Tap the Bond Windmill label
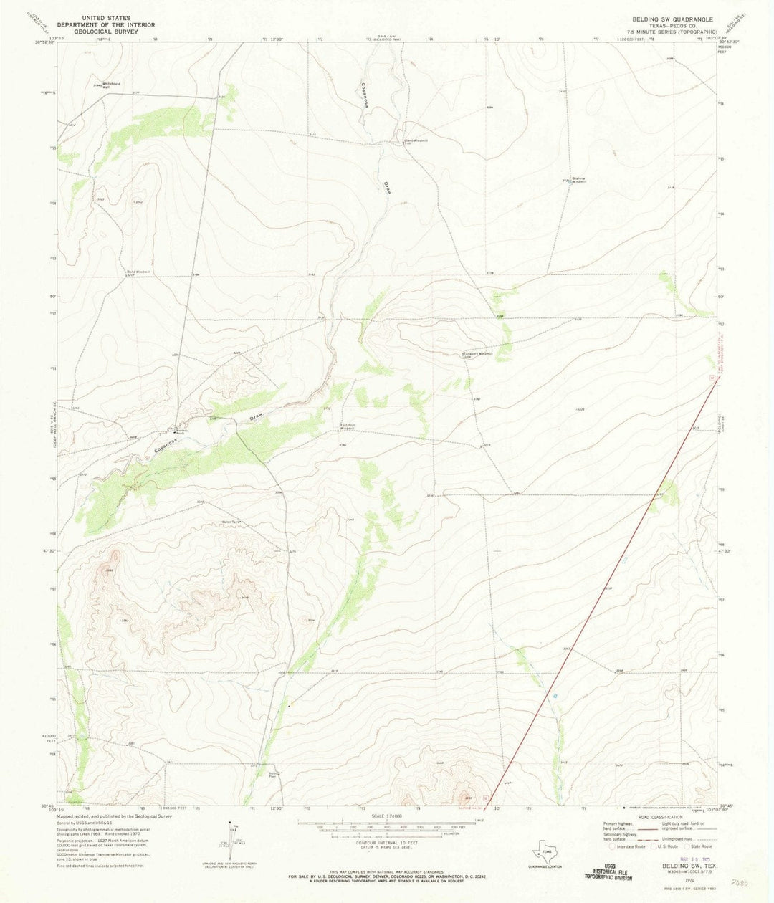(x=140, y=272)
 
